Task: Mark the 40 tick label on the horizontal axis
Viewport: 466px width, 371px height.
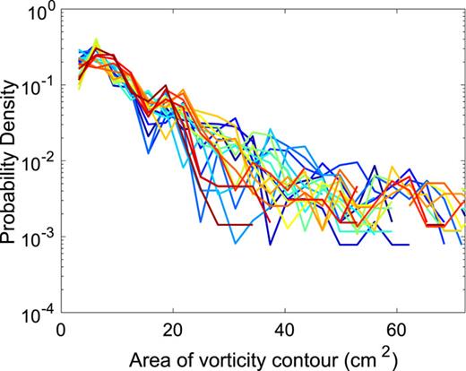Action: (285, 328)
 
